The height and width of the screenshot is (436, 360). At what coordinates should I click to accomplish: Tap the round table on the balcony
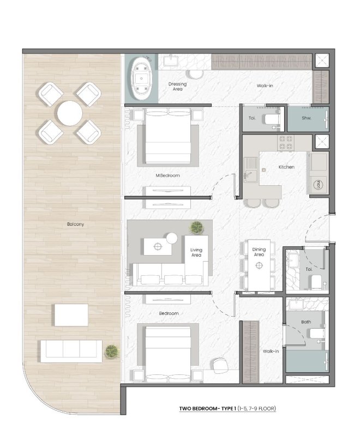coord(70,113)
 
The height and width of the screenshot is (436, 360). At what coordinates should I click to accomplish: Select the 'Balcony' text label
coord(76,224)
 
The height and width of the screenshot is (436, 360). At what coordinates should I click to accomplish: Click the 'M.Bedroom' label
coord(167,175)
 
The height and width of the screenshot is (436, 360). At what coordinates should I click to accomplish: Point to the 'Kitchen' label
coord(286,167)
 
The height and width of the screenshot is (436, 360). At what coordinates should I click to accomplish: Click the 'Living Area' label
coord(196,252)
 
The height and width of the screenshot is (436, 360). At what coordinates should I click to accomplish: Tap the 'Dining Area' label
coord(259,252)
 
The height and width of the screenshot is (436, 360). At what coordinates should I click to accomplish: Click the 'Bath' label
coord(306,322)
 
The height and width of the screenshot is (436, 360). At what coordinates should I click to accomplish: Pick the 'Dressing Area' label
coord(178,86)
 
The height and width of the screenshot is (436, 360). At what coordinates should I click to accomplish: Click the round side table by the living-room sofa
coord(172,238)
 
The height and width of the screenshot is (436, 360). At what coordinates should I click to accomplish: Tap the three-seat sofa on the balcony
coord(70,350)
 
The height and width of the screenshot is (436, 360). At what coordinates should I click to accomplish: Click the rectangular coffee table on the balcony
coord(71,314)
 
